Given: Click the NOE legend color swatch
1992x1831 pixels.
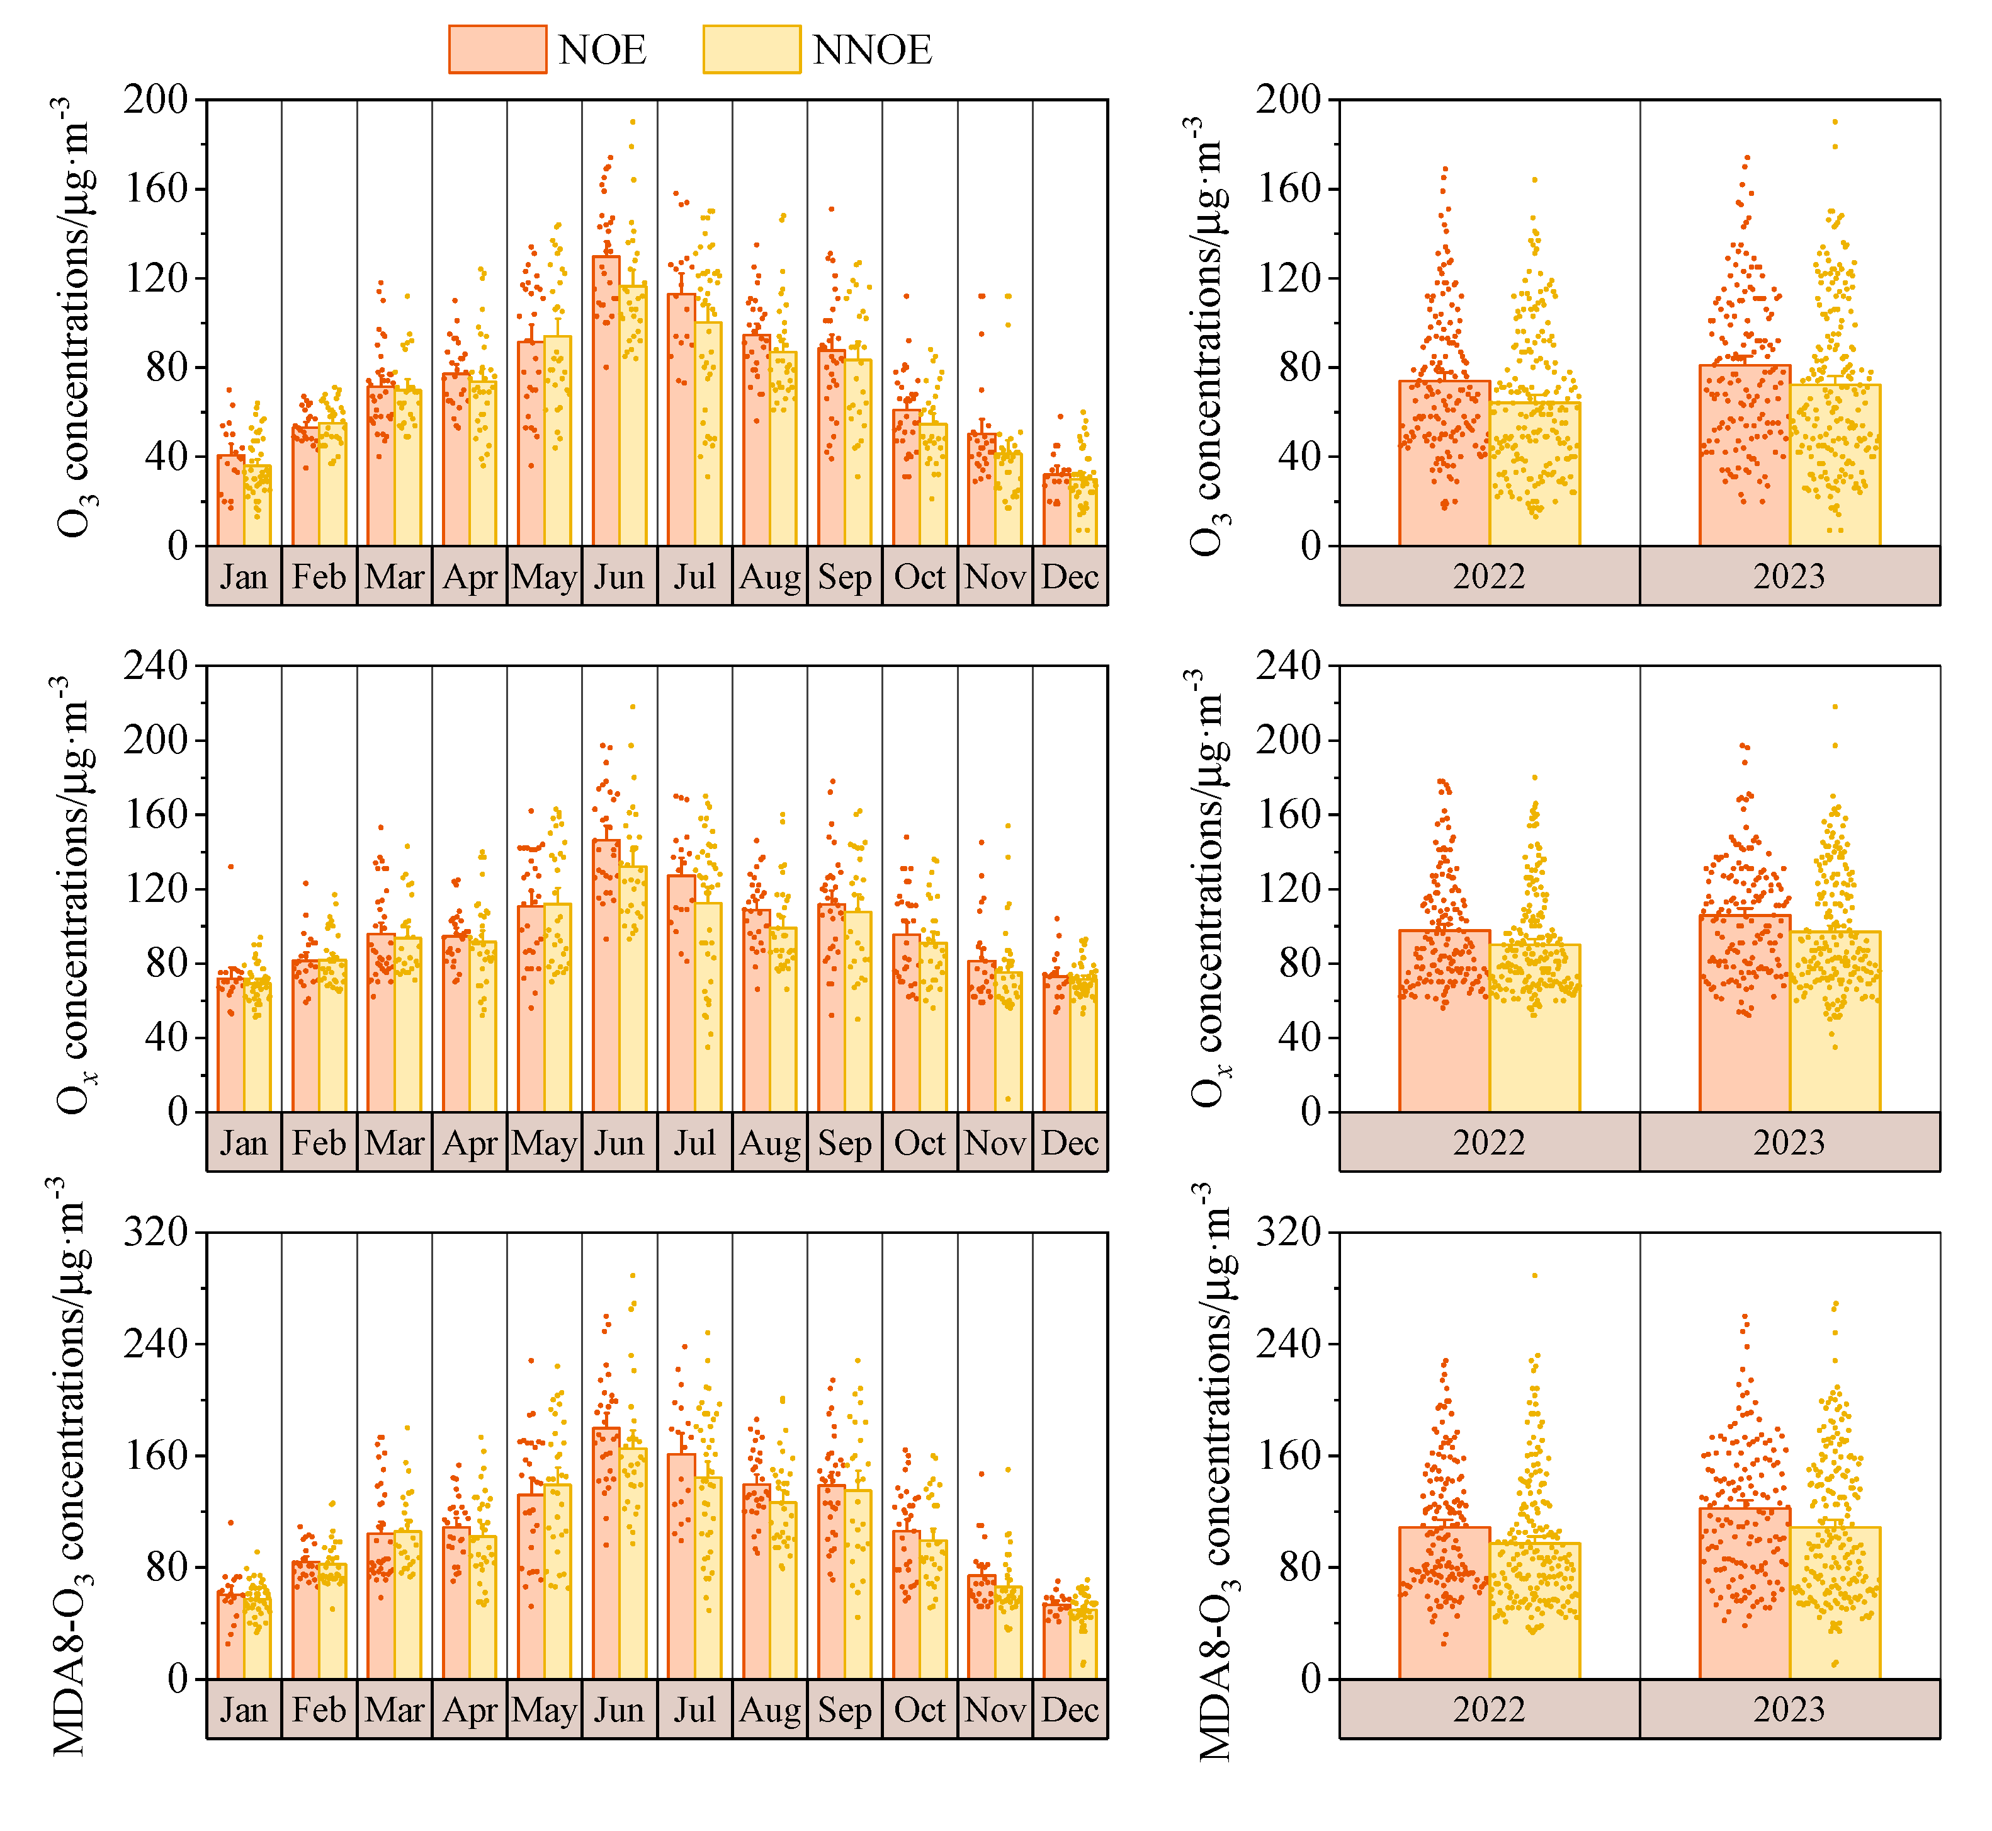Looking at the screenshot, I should coord(497,50).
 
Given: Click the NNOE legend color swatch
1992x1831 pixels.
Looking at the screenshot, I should coord(751,50).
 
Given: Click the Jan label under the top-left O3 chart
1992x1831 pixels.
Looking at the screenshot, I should coord(244,577).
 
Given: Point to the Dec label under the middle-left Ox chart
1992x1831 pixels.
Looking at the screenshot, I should coord(1070,1143).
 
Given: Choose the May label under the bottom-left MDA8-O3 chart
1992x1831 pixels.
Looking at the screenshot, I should coord(544,1710).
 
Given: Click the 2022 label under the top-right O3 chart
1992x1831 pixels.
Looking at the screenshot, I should coord(1489,577).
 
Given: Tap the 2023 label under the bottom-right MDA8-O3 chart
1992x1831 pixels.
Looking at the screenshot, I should coord(1789,1710).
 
